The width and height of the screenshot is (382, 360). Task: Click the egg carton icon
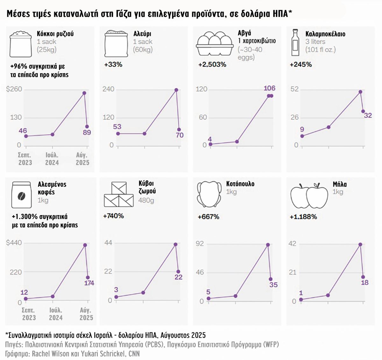pos(215,44)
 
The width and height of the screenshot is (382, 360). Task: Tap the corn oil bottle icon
pos(295,43)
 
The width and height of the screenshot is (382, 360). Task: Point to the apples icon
pos(309,196)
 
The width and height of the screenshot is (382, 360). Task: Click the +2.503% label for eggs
pos(212,65)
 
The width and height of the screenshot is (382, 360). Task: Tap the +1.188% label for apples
pos(303,217)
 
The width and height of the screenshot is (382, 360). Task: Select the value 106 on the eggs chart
pos(269,88)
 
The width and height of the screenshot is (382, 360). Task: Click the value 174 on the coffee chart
pos(89,283)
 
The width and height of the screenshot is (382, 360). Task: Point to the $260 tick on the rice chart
pos(14,89)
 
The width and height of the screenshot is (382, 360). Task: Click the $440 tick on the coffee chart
pos(14,243)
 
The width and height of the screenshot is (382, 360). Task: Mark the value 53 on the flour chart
pos(117,127)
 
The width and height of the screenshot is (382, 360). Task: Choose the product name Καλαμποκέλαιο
pos(325,34)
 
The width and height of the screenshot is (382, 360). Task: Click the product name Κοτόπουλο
pos(240,184)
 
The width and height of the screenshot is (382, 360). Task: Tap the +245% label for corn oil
pos(301,65)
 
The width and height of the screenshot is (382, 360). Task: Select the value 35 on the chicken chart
pos(273,285)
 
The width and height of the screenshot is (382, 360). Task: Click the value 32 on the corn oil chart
pos(368,115)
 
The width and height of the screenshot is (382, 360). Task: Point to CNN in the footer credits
pos(134,354)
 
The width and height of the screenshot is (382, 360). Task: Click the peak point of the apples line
pos(360,245)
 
